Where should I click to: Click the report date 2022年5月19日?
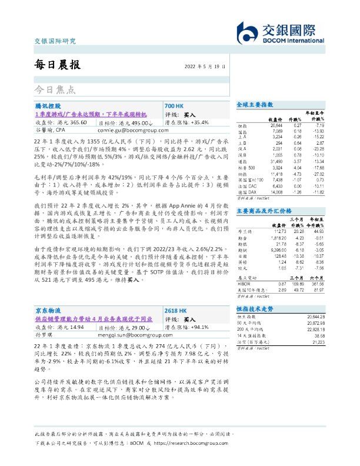click(205, 66)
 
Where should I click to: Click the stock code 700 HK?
click(175, 105)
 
